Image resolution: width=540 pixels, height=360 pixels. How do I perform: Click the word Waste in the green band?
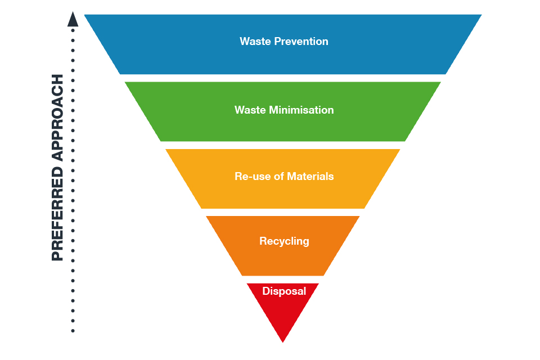tap(250, 110)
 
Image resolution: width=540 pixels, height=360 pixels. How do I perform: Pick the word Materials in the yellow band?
tap(310, 177)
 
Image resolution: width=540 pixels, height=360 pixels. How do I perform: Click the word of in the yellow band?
tap(280, 177)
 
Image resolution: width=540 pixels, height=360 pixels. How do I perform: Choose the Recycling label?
tap(284, 241)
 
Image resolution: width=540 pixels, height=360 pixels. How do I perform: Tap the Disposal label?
tap(284, 291)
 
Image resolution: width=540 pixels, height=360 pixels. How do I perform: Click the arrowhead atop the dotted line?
tap(73, 19)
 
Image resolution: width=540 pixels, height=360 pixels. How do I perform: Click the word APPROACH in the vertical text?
tap(57, 118)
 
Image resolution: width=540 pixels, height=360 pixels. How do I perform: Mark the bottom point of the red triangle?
tap(283, 341)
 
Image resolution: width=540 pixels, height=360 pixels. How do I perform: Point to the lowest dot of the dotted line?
tap(73, 331)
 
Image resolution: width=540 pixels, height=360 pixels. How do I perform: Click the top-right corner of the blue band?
tap(481, 15)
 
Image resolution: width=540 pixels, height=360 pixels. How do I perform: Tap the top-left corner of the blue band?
tap(85, 15)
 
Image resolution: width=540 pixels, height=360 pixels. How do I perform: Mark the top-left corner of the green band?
tap(125, 83)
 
